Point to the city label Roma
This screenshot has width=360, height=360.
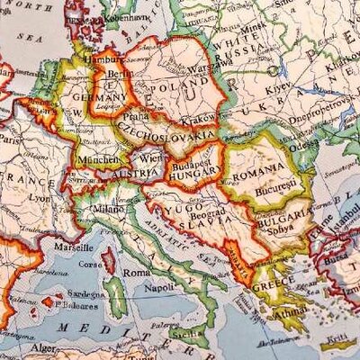pos(136,272)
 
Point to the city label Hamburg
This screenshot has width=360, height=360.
pos(97,58)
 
